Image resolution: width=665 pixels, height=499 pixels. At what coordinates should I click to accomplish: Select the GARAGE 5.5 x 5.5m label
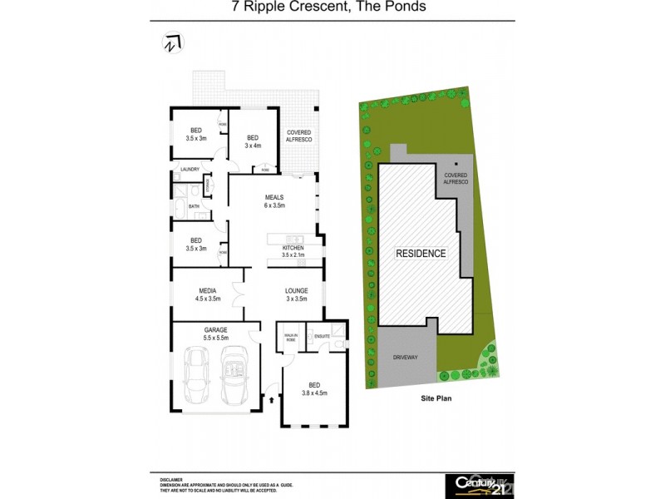215,334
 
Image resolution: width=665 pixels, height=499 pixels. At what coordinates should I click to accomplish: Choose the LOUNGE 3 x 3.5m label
296,294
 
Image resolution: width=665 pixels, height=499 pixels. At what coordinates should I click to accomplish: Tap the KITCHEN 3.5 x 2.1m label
293,251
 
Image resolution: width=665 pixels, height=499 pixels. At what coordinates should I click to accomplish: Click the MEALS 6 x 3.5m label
274,200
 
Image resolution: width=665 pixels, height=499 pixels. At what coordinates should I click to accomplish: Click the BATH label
193,205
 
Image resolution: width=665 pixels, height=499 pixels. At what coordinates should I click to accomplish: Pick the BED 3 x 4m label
253,141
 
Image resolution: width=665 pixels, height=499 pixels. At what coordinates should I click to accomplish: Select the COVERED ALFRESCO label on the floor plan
299,137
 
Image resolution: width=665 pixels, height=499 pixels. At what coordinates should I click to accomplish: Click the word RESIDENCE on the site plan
420,254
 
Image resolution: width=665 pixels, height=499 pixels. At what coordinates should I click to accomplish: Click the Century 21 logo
481,484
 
